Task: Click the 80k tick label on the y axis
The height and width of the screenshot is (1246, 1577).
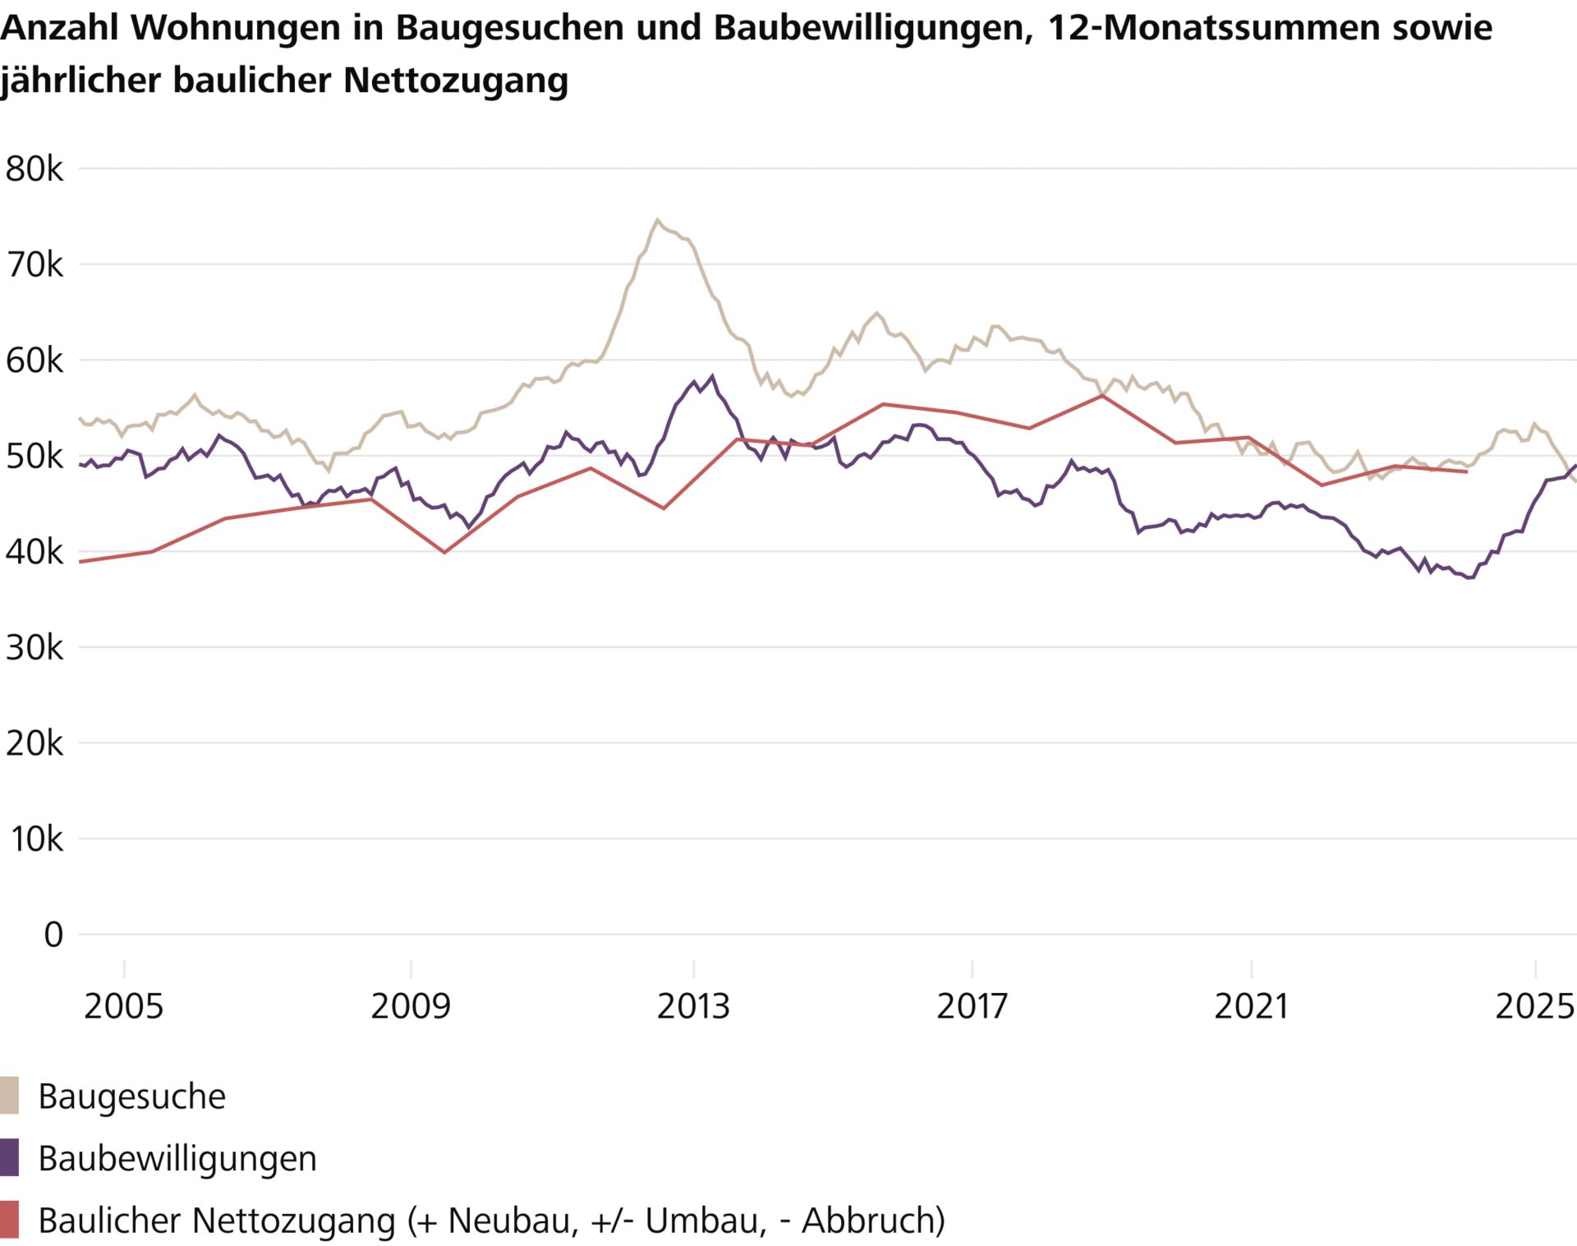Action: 34,169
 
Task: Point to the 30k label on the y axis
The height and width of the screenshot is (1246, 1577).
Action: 34,648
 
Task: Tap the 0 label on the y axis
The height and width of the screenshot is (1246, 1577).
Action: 53,935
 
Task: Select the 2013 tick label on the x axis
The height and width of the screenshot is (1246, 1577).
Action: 693,1006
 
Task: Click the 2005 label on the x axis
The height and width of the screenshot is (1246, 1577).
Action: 124,1006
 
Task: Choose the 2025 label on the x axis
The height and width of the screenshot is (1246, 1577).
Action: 1534,1006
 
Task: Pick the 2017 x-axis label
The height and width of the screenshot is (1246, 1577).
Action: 972,1006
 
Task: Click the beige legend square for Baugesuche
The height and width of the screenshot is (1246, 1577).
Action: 9,1096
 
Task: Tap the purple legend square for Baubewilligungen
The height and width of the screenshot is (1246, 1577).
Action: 9,1157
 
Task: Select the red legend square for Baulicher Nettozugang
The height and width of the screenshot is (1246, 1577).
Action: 9,1219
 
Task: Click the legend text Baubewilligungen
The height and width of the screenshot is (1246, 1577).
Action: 177,1158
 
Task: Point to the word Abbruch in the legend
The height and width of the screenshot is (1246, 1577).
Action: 872,1220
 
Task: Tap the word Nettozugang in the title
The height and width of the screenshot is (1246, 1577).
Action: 456,80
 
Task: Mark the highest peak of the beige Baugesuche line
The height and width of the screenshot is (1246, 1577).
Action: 657,219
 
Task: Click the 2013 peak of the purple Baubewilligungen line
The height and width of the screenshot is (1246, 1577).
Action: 712,376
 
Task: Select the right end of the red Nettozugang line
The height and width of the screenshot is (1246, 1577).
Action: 1466,471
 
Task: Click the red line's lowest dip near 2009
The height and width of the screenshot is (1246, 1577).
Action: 444,552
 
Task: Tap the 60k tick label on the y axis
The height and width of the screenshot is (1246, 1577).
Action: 34,361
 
